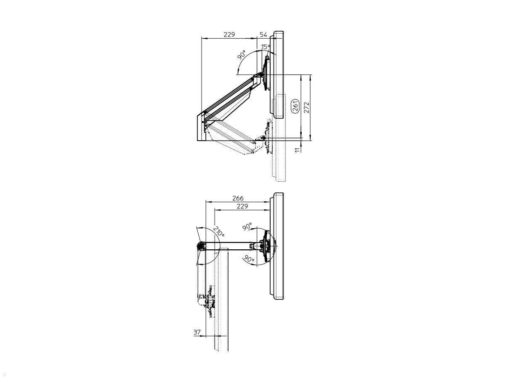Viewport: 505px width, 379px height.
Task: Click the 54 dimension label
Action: (263, 35)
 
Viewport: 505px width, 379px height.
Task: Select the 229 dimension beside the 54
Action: (229, 35)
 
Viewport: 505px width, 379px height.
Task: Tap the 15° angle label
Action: (265, 47)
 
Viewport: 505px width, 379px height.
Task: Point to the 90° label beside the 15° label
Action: (242, 56)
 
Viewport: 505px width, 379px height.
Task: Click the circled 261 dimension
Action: (295, 106)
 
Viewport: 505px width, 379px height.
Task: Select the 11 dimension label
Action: (298, 148)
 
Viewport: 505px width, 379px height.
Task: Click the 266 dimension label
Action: (238, 198)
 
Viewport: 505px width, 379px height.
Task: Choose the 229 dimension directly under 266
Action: (242, 206)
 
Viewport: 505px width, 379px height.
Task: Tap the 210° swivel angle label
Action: (218, 232)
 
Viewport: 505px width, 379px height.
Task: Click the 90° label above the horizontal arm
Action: (247, 227)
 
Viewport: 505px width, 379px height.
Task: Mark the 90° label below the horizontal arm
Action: (249, 259)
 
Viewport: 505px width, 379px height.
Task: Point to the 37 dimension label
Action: (197, 332)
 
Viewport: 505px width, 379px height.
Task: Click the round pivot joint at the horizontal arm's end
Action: (201, 245)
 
